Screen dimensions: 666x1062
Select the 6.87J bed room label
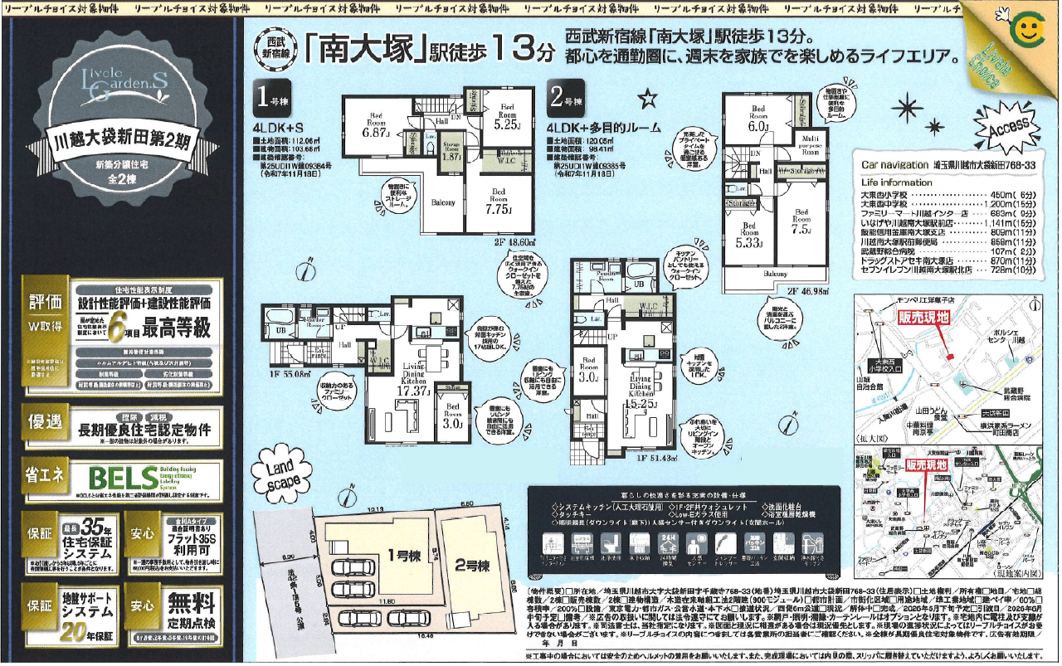tap(376, 126)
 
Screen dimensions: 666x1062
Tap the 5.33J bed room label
tap(749, 236)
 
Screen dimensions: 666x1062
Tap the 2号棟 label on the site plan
tap(473, 566)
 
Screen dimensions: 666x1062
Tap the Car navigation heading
tap(894, 165)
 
